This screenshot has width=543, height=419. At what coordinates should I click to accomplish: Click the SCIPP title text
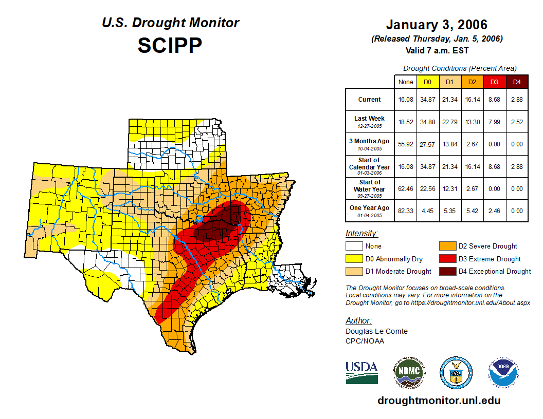coord(170,45)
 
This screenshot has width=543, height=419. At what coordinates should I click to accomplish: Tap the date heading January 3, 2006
coord(437,25)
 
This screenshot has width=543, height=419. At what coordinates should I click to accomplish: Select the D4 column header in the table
coord(517,82)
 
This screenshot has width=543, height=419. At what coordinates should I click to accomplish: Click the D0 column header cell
coord(427,82)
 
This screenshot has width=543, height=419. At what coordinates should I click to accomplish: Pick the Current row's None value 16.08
coord(406,100)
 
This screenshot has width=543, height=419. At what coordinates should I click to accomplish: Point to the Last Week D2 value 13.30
coord(472,122)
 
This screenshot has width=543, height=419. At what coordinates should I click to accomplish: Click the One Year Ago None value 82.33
coord(406,211)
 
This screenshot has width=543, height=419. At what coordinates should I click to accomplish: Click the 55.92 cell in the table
coord(406,144)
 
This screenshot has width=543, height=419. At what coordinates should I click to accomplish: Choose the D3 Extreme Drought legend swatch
coord(446,259)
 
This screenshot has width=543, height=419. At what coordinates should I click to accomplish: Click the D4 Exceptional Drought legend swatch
coord(446,271)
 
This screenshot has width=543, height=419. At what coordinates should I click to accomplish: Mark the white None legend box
coord(354,246)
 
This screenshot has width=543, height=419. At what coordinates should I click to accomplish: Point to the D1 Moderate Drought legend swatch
coord(354,271)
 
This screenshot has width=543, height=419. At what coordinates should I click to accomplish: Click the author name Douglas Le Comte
coord(376,331)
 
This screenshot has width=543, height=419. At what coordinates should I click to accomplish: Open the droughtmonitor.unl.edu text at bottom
coord(439,401)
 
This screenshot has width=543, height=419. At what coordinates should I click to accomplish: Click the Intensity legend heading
coord(361,234)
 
